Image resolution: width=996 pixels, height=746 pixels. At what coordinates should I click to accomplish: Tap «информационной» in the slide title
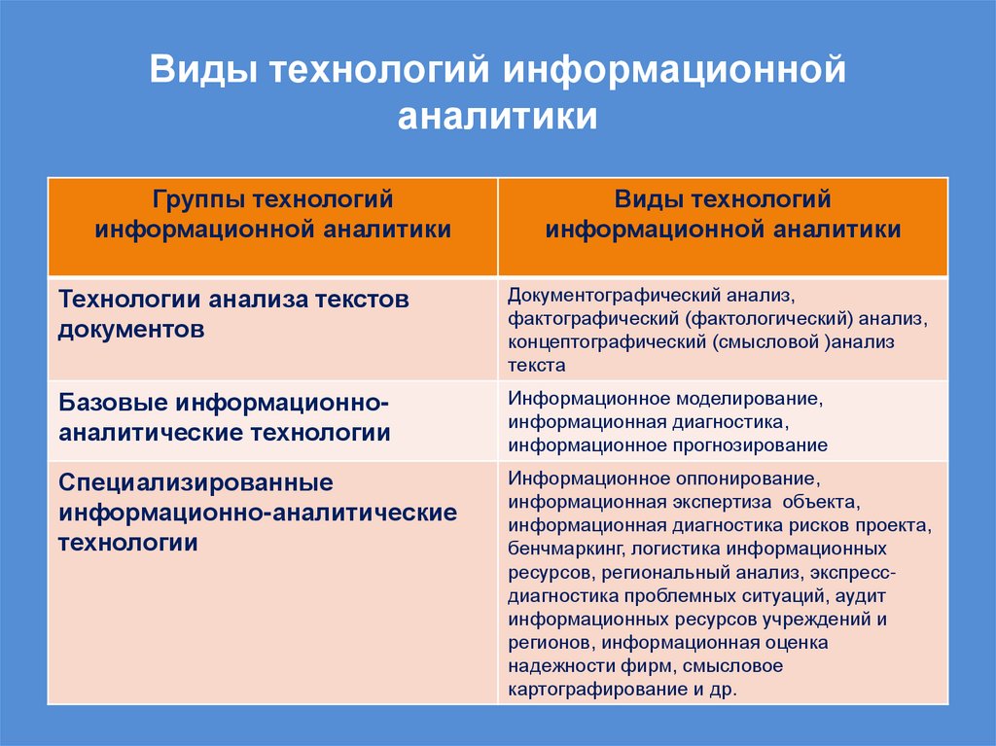tap(670, 71)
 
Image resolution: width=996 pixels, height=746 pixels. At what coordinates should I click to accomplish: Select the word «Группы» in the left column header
tap(199, 199)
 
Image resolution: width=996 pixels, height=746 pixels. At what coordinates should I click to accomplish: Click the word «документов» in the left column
tap(131, 329)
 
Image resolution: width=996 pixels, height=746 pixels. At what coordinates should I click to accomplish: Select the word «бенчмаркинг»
tap(554, 549)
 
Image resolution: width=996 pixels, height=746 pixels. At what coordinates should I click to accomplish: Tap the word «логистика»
tap(647, 549)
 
